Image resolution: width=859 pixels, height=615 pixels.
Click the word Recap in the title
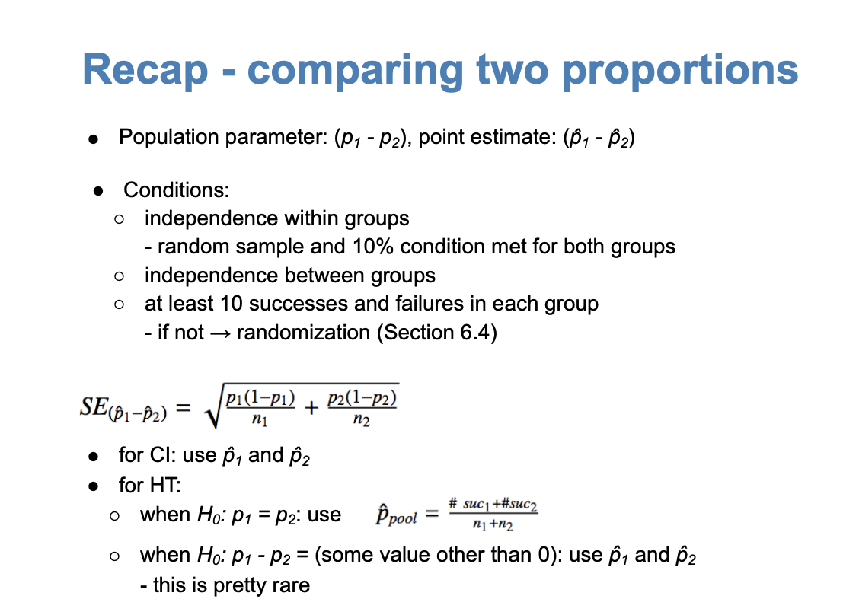pyautogui.click(x=145, y=69)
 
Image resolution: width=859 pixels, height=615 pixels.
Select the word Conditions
pyautogui.click(x=177, y=190)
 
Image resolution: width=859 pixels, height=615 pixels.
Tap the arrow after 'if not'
pyautogui.click(x=220, y=333)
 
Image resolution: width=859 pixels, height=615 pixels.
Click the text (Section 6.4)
pyautogui.click(x=436, y=333)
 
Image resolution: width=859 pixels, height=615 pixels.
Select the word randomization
pyautogui.click(x=304, y=333)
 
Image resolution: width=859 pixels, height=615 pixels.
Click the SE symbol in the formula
pyautogui.click(x=94, y=406)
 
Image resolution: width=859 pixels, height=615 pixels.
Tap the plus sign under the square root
pyautogui.click(x=311, y=407)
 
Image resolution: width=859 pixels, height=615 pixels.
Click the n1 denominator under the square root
pyautogui.click(x=260, y=420)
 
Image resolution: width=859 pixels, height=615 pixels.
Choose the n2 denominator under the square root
pyautogui.click(x=362, y=420)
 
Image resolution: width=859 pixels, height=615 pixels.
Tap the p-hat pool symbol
pyautogui.click(x=396, y=515)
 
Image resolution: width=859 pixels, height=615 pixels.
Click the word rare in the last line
pyautogui.click(x=292, y=585)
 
